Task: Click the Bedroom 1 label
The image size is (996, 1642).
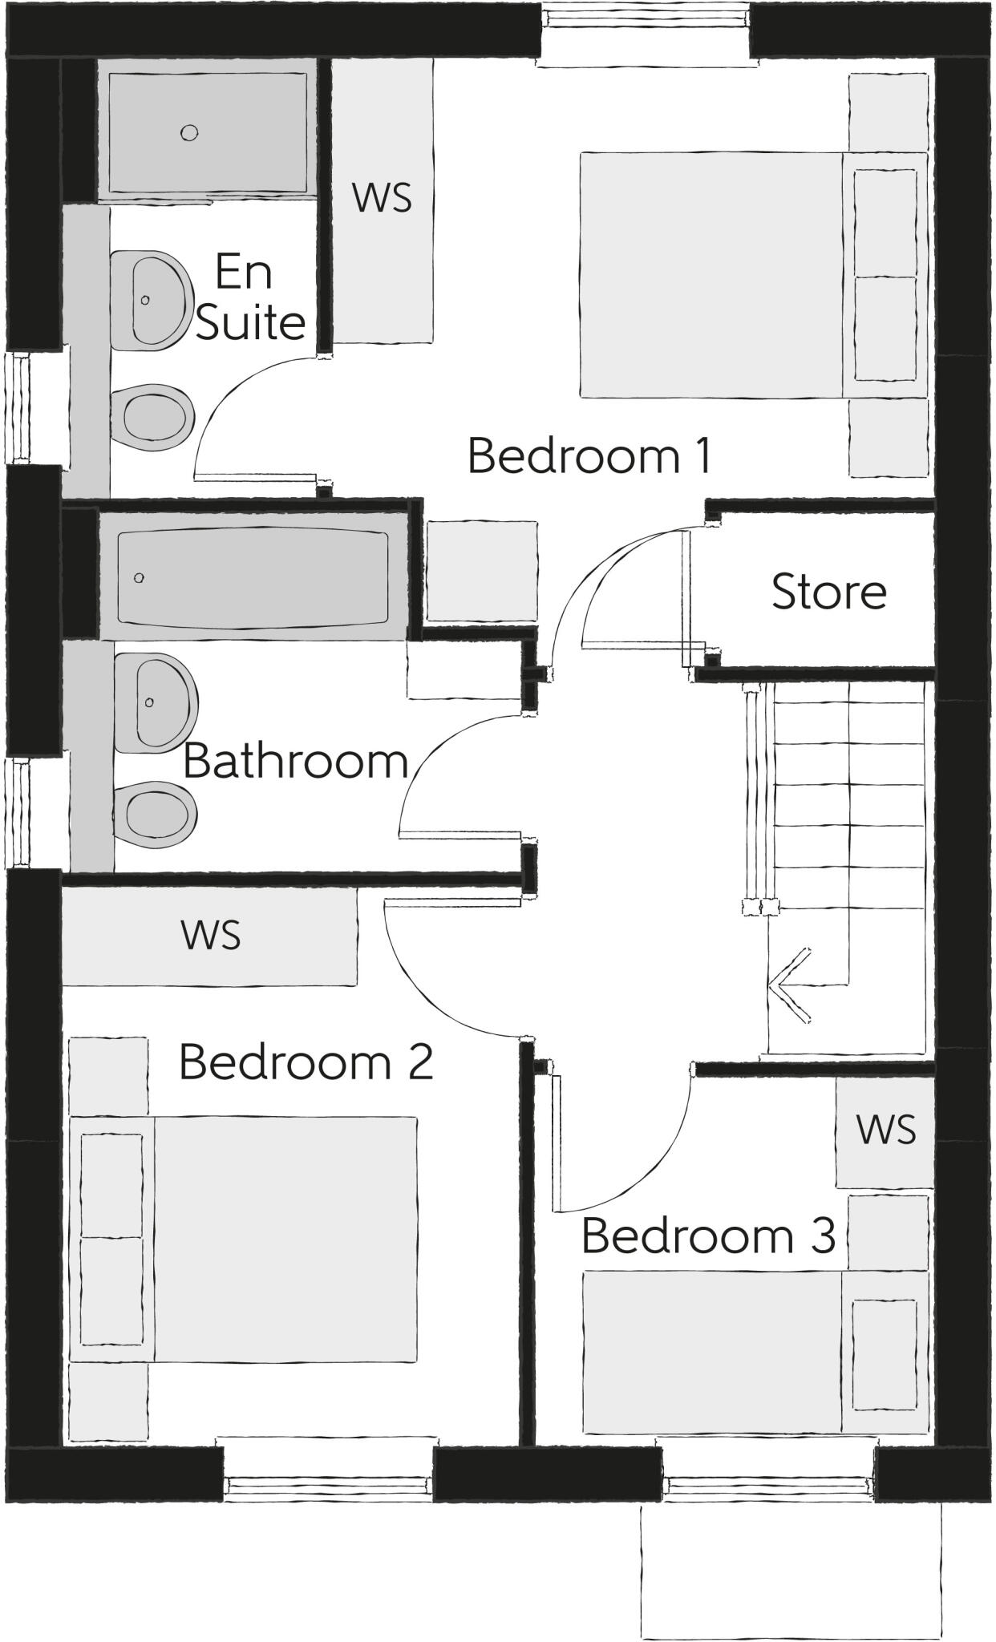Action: [589, 455]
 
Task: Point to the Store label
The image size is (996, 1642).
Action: [828, 592]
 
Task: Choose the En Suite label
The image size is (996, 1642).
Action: [249, 297]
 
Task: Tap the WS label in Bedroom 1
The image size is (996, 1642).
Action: [382, 197]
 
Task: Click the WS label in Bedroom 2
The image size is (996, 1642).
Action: [211, 935]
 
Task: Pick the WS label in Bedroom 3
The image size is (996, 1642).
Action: [885, 1130]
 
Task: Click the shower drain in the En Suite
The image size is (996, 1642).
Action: [189, 133]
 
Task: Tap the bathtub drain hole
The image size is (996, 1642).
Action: [140, 577]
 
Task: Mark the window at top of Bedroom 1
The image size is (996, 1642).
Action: [647, 32]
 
